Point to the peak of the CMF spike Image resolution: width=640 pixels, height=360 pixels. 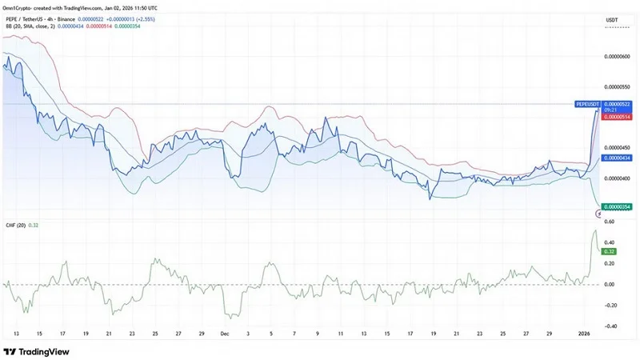click(594, 230)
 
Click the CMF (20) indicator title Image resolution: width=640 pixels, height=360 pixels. click(15, 225)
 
